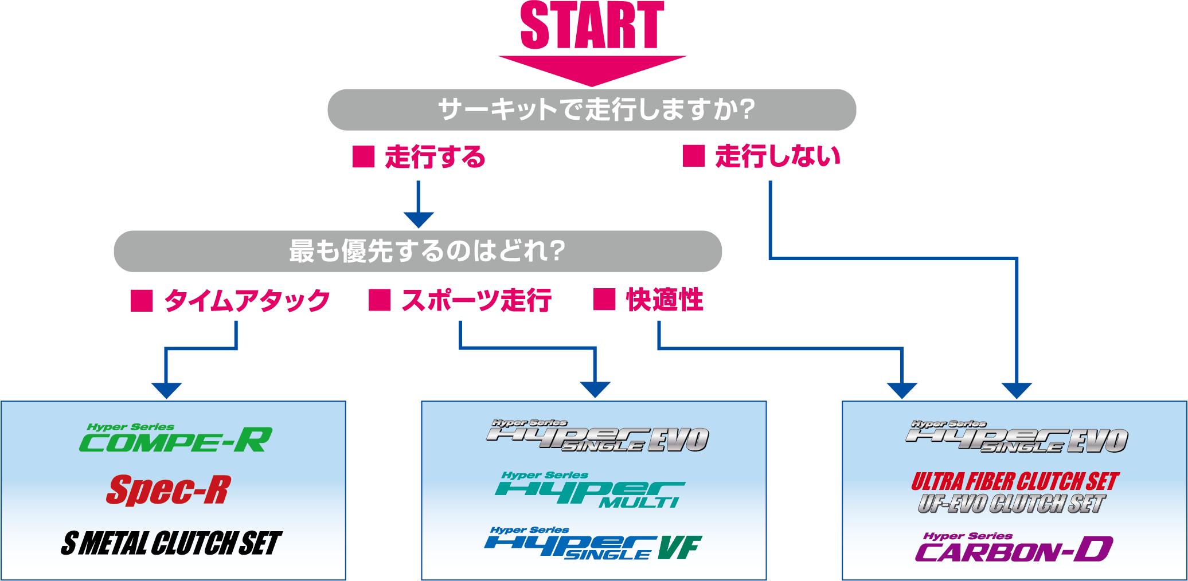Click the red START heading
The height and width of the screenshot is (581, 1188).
[592, 25]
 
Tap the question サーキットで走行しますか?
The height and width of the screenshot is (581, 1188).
[596, 109]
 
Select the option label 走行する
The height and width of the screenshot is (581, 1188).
[435, 156]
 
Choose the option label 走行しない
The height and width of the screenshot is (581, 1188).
[777, 156]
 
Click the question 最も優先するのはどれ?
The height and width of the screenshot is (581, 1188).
[427, 251]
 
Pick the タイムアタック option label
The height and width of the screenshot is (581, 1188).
[247, 300]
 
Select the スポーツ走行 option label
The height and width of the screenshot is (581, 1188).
[476, 300]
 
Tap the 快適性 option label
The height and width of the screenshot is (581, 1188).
[665, 300]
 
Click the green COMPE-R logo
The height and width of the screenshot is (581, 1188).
[175, 439]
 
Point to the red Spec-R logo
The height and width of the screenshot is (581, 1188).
[169, 490]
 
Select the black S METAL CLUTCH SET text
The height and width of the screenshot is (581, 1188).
[171, 543]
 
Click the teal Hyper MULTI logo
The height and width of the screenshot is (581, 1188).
[590, 490]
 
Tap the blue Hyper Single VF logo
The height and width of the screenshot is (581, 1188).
[593, 544]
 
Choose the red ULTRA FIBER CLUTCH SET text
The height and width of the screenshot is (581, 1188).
[1015, 481]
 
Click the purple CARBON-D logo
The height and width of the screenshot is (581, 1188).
[1013, 548]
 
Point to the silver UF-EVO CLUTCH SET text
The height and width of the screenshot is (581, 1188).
[1011, 504]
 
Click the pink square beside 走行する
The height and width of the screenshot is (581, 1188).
[364, 156]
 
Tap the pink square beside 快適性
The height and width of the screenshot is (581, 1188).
[604, 300]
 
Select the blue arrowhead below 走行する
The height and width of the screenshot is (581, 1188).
[419, 219]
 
